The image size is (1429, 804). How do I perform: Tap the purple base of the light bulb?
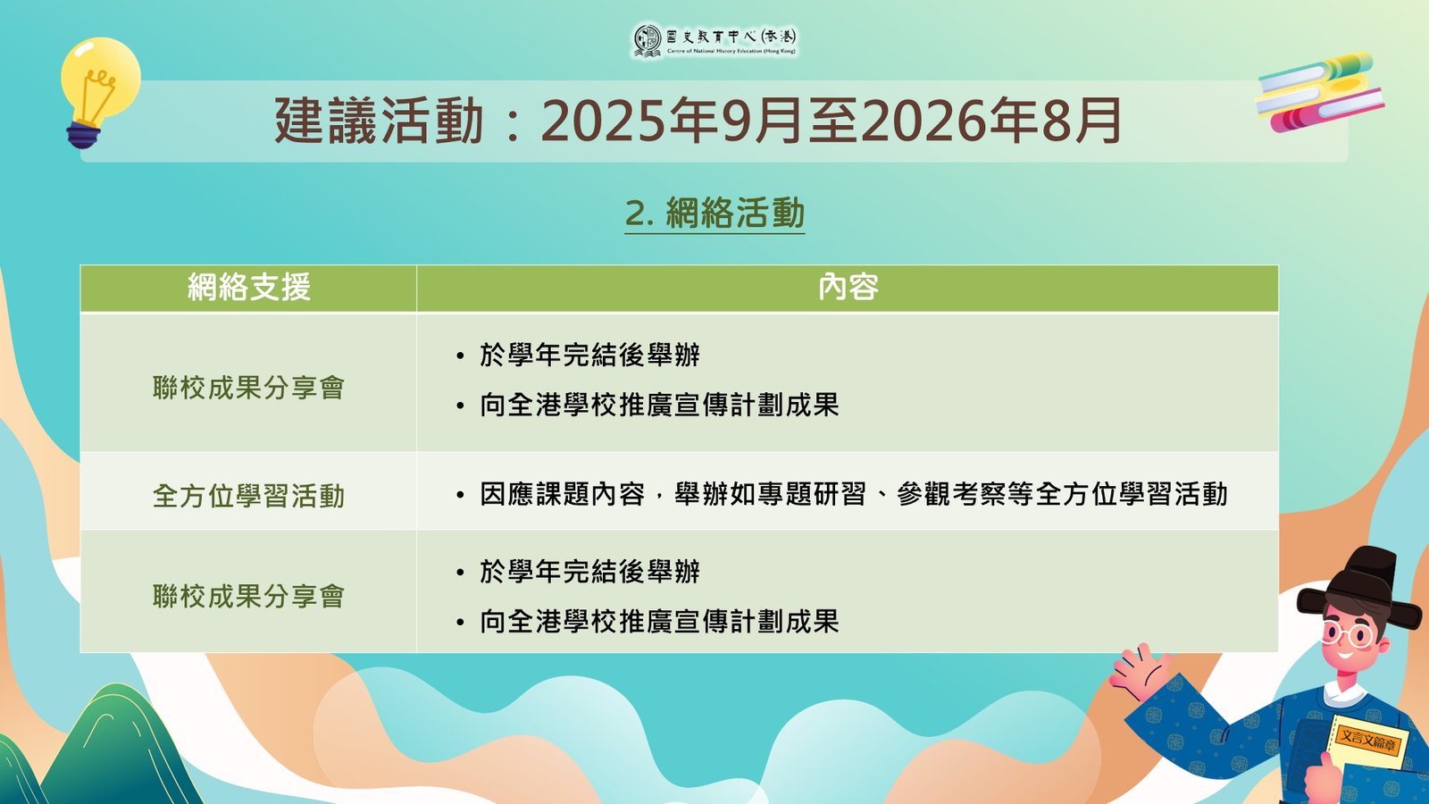[83, 136]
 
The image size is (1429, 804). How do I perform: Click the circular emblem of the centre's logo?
[647, 41]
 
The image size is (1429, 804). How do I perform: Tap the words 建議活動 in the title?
[379, 121]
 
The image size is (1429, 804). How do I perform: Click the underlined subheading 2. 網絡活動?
[714, 214]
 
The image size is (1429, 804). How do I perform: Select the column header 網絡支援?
[249, 287]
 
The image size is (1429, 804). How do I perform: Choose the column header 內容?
[848, 287]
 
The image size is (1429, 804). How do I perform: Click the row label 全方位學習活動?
[249, 496]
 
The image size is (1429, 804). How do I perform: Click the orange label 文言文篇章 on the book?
[1367, 741]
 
